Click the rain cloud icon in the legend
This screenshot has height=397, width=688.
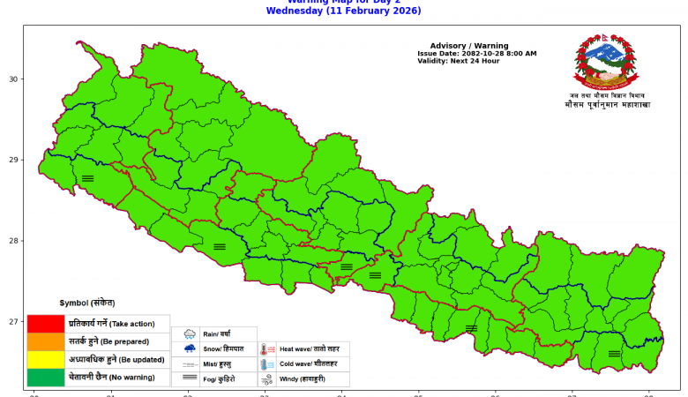tap(190, 334)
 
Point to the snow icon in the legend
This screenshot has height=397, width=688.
tap(190, 349)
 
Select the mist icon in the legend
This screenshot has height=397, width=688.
tap(190, 364)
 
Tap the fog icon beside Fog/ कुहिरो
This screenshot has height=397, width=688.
tap(190, 378)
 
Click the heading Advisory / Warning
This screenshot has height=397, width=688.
tap(469, 45)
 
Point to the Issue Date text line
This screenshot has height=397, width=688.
tap(476, 54)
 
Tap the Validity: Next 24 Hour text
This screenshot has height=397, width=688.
tap(459, 61)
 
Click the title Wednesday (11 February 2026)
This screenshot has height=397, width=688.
tap(343, 11)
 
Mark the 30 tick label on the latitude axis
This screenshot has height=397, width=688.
tap(13, 79)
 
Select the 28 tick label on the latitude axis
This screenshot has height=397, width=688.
tap(13, 241)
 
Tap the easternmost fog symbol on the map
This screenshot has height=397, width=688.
tap(614, 354)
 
